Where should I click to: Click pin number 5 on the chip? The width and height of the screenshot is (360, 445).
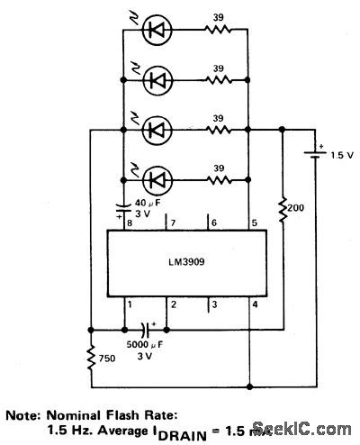pyautogui.click(x=254, y=222)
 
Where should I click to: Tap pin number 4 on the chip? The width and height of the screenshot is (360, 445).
pyautogui.click(x=254, y=304)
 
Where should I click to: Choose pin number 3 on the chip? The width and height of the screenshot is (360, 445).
pyautogui.click(x=212, y=304)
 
